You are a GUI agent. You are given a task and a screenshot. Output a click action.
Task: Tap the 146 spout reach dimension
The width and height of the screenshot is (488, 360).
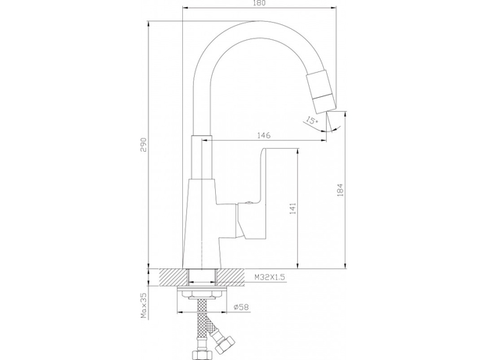[x=264, y=135]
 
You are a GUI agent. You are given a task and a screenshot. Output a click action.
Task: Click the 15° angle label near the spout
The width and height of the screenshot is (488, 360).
[x=311, y=121]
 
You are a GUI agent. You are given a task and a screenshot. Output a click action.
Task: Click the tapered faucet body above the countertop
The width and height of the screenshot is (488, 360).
[x=201, y=223]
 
